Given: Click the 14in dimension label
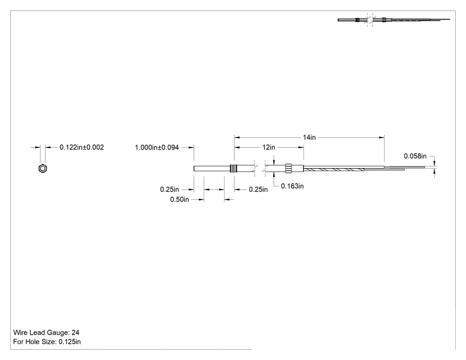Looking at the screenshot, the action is point(309,137).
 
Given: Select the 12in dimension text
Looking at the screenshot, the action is point(269,147).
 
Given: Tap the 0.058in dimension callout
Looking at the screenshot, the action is point(415,156).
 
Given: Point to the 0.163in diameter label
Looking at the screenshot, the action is point(292,186).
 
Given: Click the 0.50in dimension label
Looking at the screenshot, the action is point(179,199).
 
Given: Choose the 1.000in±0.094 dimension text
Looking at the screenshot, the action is point(157,147).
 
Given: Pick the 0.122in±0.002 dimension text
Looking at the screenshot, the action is point(82,147).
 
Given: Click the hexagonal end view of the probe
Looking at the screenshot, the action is point(43,169).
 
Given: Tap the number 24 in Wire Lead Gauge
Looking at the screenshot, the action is point(75,332).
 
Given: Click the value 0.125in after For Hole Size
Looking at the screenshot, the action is point(70,342).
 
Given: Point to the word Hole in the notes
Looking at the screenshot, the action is point(32,342).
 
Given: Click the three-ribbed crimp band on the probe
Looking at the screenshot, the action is point(234,169).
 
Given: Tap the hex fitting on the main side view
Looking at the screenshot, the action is point(289,169).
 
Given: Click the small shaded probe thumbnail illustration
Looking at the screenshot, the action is point(394,20).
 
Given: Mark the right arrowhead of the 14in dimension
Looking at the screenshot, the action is point(382,137).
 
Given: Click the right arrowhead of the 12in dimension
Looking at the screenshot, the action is point(301,147).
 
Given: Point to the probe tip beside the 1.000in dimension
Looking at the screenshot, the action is point(194,169).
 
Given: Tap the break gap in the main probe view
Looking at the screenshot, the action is point(260,169).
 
